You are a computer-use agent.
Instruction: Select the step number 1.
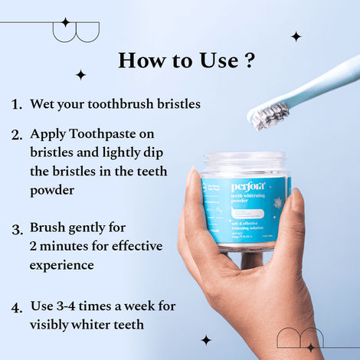pos(16,103)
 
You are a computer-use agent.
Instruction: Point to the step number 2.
pos(16,135)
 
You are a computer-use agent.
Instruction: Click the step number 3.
pos(16,228)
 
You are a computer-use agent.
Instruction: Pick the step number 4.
pos(16,307)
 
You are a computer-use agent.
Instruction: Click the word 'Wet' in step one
pos(42,103)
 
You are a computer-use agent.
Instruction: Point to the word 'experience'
pos(61,265)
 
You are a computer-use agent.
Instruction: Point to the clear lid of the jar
pos(244,165)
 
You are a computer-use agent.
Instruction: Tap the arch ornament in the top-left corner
pos(76,31)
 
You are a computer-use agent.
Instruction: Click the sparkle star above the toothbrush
pos(296,36)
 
